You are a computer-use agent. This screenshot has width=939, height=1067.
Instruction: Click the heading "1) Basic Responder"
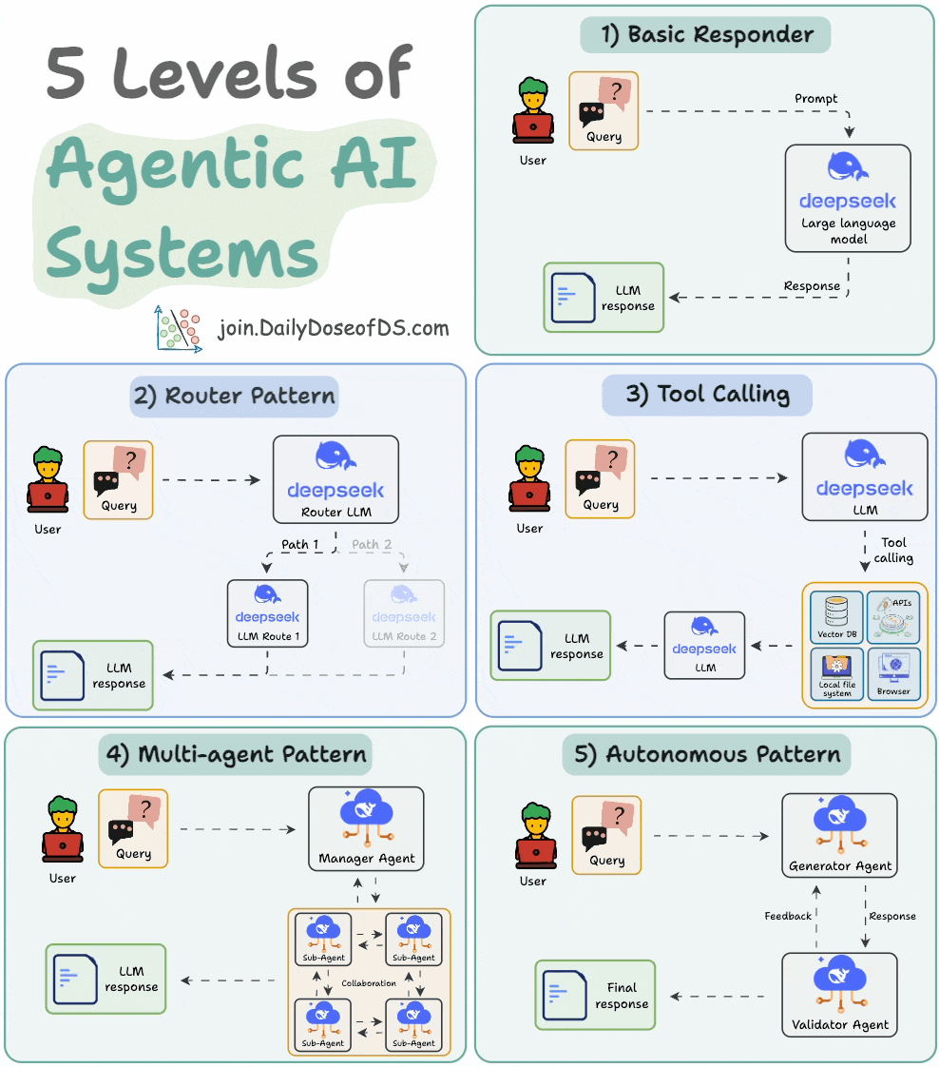coord(705,35)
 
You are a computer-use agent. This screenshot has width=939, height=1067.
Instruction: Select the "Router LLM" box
coord(335,479)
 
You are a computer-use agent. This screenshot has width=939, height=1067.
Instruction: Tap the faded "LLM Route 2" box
coord(404,613)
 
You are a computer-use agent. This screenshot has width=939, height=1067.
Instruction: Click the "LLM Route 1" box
coord(267,613)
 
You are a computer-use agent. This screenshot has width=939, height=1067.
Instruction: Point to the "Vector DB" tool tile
coord(836,616)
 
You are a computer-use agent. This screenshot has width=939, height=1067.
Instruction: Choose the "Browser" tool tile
coord(893,673)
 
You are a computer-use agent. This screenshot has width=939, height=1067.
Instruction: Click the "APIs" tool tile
coord(893,616)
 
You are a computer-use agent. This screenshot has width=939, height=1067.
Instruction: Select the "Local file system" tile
coord(836,673)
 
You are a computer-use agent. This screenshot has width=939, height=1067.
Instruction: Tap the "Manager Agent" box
coord(367,828)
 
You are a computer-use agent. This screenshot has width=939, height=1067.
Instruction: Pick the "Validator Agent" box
coord(840,995)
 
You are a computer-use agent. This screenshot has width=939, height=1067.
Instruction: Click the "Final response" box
coord(596,996)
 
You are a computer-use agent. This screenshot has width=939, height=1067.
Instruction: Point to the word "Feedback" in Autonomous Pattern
coord(788,916)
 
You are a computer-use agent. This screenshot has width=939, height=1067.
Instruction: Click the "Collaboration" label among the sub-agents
coord(369,983)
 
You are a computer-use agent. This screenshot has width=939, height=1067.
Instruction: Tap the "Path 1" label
coord(300,545)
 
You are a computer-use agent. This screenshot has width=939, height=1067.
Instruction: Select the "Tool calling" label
coord(893,550)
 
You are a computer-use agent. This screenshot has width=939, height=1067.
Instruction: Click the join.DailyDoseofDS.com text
coord(333,329)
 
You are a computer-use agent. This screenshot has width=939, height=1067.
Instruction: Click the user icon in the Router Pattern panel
coord(48,479)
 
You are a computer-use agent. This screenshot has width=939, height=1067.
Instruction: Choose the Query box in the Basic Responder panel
coord(604,111)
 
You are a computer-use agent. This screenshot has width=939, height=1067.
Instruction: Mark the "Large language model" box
coord(848,198)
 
